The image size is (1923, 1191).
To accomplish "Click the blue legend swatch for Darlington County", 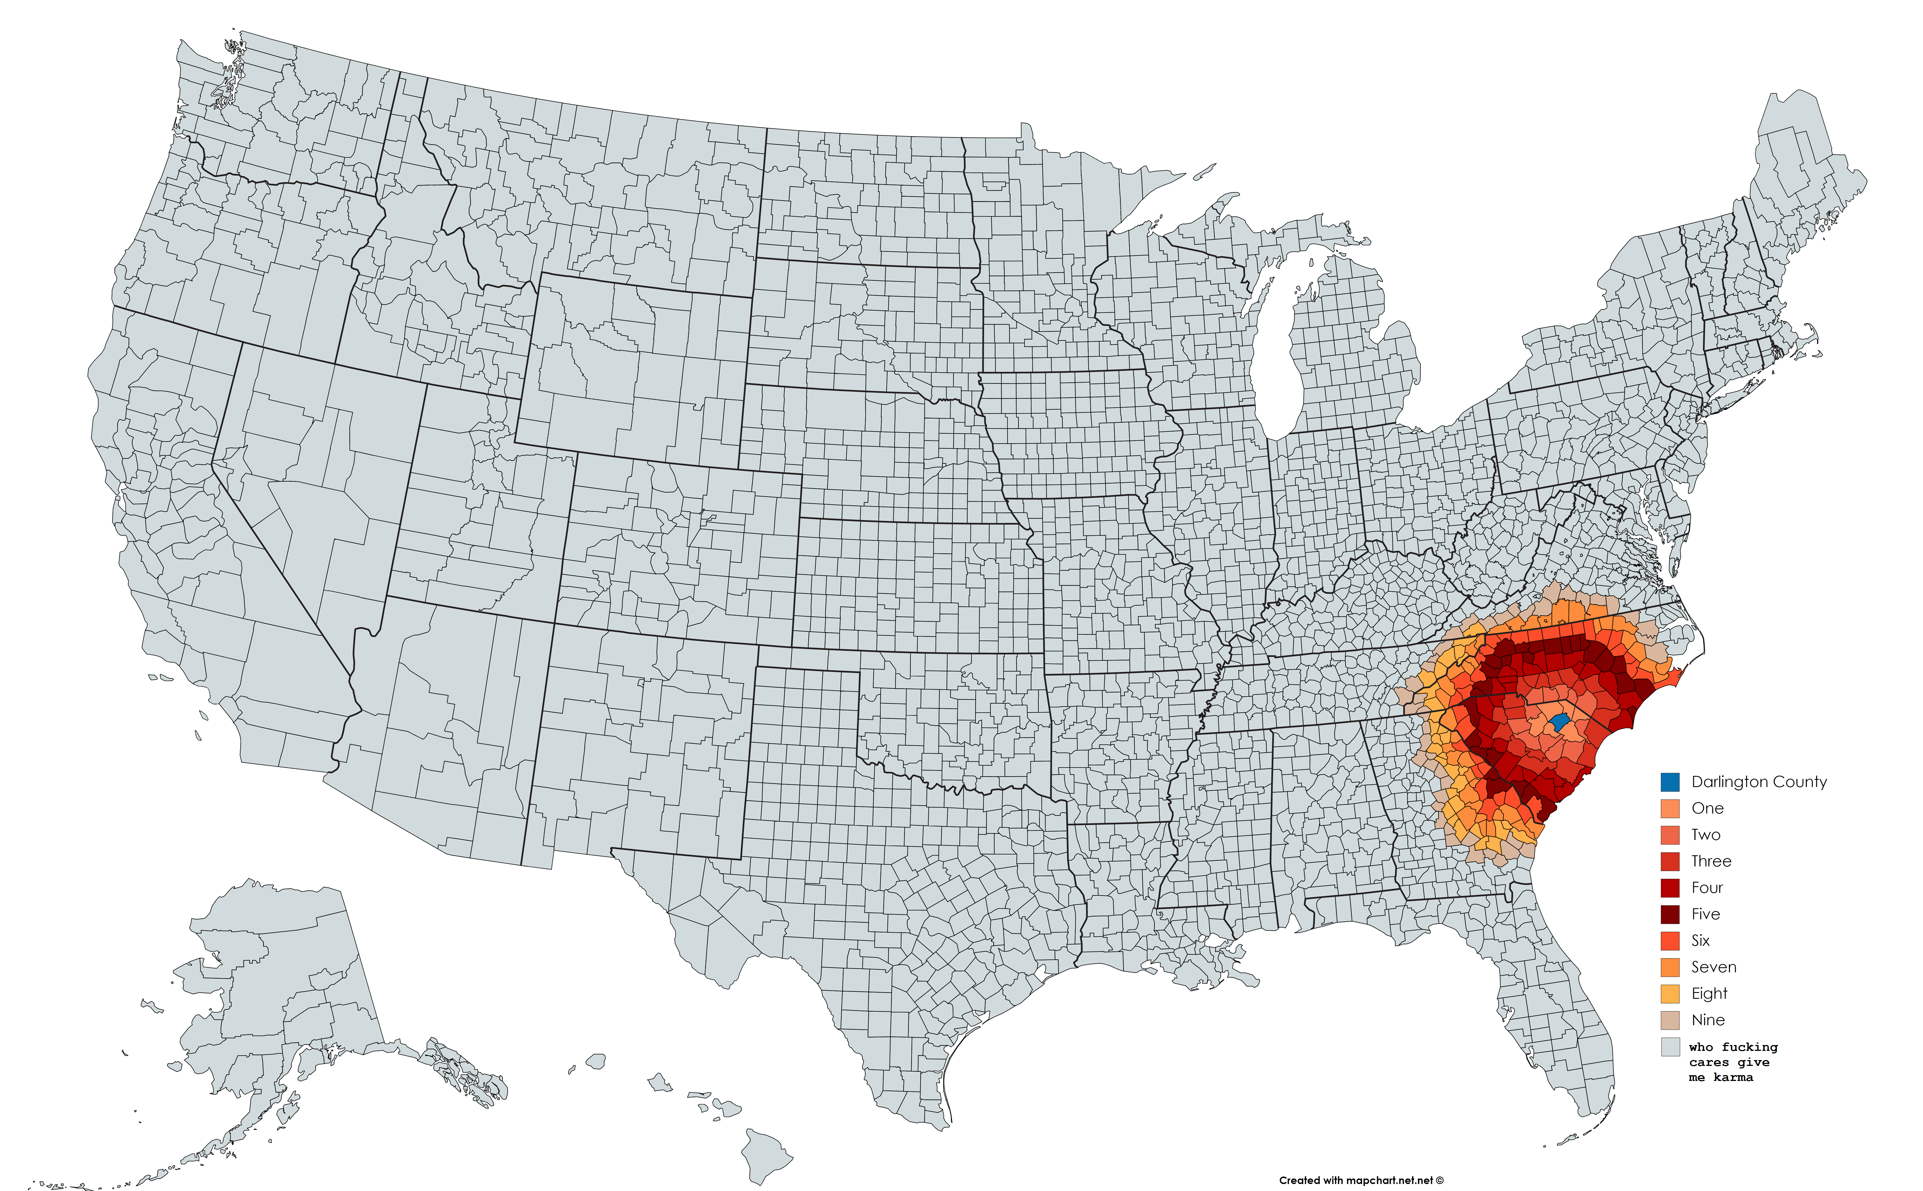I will [x=1670, y=782].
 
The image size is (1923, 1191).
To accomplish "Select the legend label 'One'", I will [x=1707, y=808].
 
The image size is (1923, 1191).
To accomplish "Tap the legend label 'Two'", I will [x=1706, y=835].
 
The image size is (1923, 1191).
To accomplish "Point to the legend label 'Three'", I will [x=1711, y=861].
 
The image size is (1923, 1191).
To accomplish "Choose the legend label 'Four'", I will [x=1707, y=888].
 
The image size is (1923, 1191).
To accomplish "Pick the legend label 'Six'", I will [x=1700, y=941].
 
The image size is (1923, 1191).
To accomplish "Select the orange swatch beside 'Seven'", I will [x=1670, y=967].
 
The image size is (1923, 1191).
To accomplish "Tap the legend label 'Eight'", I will [x=1709, y=993].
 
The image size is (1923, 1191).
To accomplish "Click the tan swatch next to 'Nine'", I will [x=1670, y=1020].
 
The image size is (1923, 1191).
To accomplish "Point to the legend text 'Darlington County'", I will [x=1758, y=782].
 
